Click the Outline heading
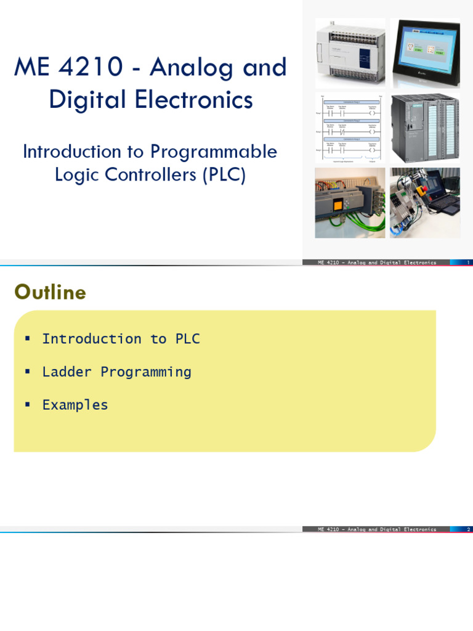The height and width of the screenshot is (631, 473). [50, 293]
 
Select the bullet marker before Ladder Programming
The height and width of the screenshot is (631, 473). [26, 372]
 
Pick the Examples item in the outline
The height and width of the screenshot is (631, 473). [75, 405]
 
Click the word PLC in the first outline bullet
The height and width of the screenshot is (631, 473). [187, 339]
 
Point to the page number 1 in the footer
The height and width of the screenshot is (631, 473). [469, 263]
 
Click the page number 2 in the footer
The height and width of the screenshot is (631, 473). [469, 529]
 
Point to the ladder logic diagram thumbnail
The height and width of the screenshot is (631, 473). [350, 128]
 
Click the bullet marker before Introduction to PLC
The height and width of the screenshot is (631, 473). [26, 338]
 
